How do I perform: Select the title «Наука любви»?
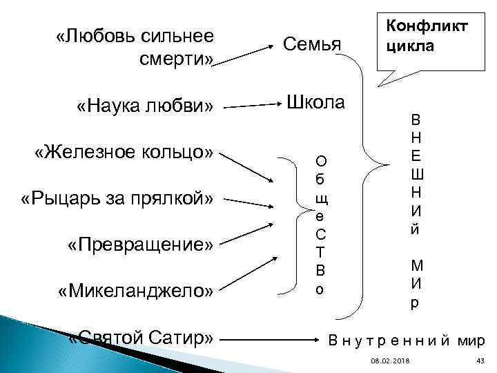145,106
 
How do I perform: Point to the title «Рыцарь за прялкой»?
118,199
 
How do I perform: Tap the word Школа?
315,102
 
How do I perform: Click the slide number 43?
480,362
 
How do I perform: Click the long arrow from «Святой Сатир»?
273,340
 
